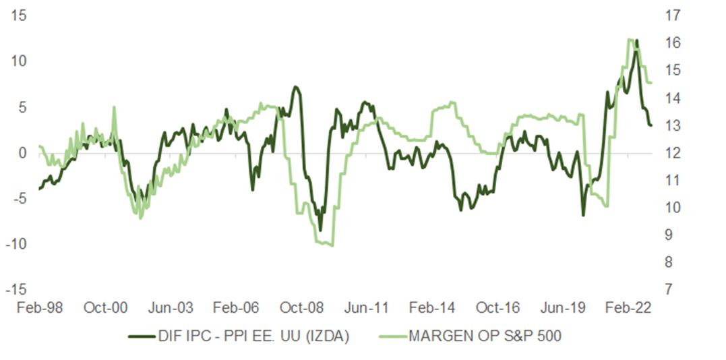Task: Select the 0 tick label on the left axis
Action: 22,152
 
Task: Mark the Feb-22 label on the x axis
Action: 629,308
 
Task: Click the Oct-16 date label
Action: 499,308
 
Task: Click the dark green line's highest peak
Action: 637,40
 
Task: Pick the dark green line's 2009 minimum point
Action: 320,230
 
